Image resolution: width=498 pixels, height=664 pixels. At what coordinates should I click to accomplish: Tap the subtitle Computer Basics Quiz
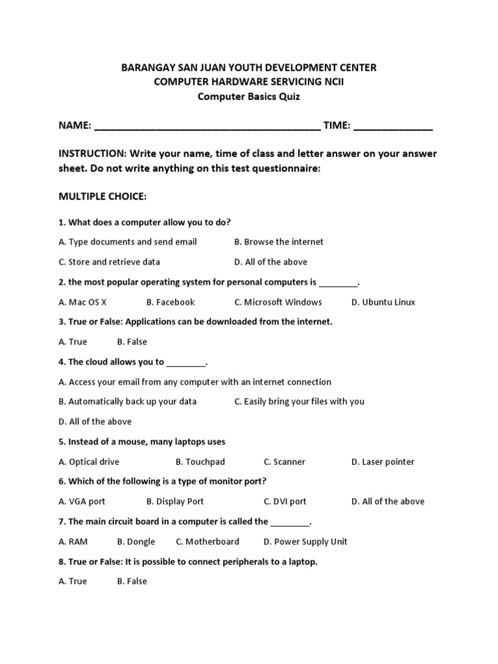(249, 97)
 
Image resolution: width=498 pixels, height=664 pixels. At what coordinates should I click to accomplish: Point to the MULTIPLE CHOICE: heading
(102, 196)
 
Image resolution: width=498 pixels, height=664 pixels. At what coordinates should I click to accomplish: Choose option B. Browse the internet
(279, 242)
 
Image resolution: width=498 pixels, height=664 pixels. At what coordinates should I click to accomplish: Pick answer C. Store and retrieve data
(109, 262)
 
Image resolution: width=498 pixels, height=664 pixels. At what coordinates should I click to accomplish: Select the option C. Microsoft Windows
(278, 302)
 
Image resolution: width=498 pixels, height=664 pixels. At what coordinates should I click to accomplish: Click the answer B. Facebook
(171, 302)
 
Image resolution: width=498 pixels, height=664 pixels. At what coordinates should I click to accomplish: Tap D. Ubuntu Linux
(383, 302)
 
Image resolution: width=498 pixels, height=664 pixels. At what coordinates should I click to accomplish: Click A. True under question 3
(73, 342)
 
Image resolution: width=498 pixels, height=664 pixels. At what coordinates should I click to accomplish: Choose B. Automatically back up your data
(128, 401)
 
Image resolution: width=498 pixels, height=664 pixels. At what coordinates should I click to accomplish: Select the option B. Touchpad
(200, 462)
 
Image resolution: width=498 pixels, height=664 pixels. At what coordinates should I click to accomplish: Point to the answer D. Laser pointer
(383, 462)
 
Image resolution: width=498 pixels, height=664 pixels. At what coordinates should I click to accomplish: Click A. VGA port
(82, 501)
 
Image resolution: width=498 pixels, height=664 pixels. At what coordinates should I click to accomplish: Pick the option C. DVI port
(285, 501)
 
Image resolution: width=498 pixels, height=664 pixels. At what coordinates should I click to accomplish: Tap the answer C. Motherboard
(207, 541)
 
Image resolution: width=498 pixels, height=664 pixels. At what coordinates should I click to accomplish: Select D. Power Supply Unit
(305, 541)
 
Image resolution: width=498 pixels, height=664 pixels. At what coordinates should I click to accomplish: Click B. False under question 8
(132, 581)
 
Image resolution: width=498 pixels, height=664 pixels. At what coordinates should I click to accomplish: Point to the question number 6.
(62, 481)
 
